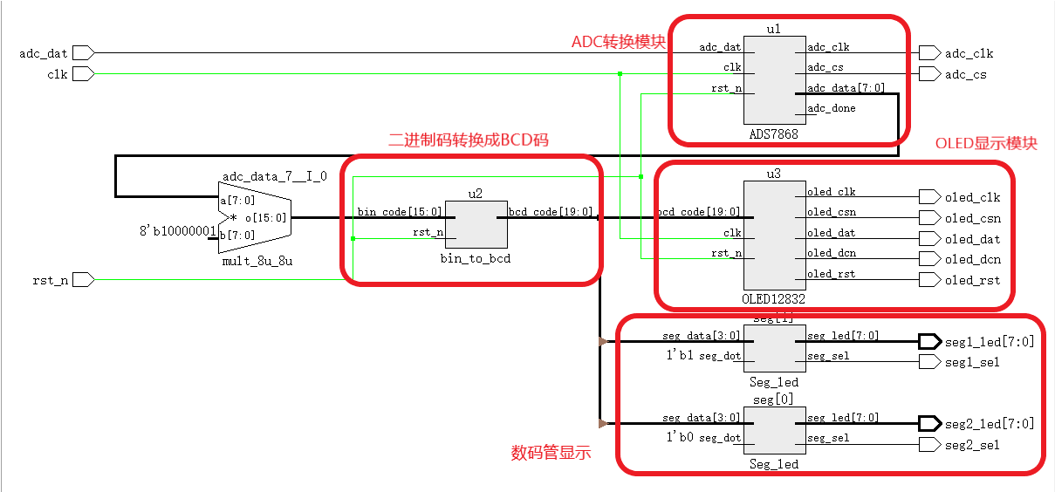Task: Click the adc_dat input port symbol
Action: [x=83, y=53]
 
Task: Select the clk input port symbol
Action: [x=83, y=74]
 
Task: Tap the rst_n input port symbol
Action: [x=83, y=279]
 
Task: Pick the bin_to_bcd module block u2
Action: [x=475, y=224]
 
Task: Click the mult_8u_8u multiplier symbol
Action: [x=253, y=217]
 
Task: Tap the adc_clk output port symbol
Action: [x=929, y=53]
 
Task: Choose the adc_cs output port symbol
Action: [x=929, y=74]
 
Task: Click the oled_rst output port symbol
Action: [x=929, y=280]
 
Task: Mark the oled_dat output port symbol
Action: [x=929, y=239]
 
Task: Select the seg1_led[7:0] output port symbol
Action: [x=929, y=341]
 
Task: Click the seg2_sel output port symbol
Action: [x=929, y=445]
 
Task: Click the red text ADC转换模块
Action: [x=619, y=42]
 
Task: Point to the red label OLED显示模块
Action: [x=986, y=144]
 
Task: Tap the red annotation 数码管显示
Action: [x=551, y=453]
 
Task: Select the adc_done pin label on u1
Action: [x=832, y=108]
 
